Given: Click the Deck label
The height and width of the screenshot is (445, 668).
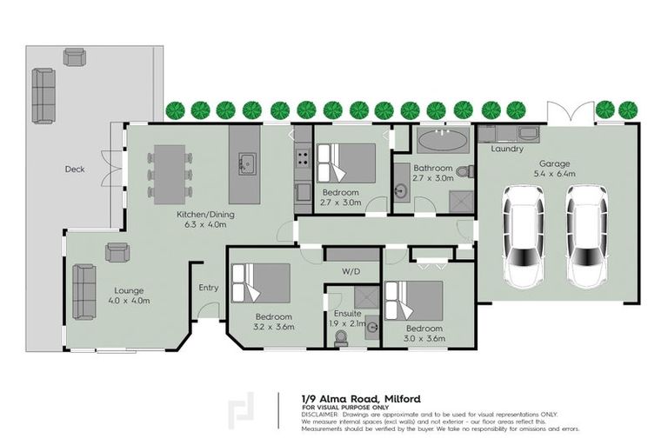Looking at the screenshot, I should pos(75,169).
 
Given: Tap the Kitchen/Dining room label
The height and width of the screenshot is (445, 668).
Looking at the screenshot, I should pos(206,215).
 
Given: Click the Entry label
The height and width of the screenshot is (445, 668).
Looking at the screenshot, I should pos(209,288).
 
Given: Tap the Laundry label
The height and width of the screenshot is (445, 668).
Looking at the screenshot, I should pos(507,149).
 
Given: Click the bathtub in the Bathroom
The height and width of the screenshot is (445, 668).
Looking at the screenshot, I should pos(443,141).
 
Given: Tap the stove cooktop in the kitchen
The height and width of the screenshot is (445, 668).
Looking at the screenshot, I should pos(303,159).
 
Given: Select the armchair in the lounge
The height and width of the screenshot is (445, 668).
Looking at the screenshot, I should pos(117,252).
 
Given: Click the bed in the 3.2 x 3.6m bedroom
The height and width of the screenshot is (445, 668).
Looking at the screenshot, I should pos(262,283).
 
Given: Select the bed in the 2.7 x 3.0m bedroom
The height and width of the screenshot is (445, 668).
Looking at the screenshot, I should pos(346,163).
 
